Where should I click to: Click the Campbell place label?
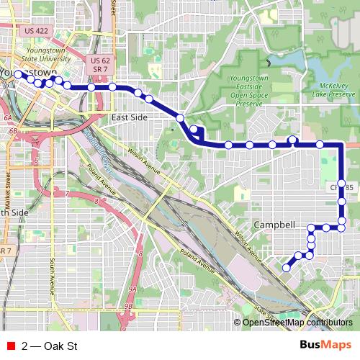(274, 225)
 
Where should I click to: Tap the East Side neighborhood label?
(130, 116)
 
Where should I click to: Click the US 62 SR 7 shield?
(100, 63)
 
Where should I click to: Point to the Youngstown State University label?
(48, 55)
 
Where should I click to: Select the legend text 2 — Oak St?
(49, 346)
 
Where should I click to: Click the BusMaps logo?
(326, 345)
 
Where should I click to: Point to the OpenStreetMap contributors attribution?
(297, 323)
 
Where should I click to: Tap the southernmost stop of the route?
(286, 268)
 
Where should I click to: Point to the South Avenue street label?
(53, 277)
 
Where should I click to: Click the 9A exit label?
(132, 288)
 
